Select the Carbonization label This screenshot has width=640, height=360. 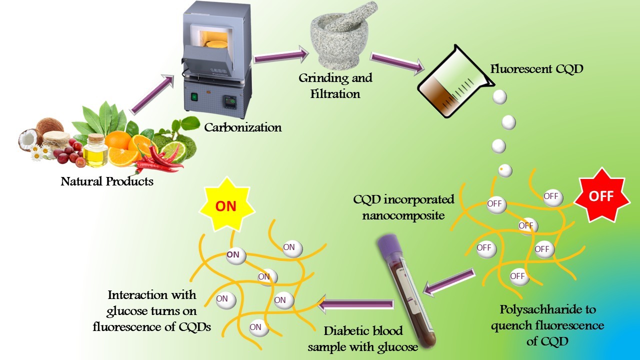tap(243, 127)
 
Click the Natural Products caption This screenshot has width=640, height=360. tap(107, 181)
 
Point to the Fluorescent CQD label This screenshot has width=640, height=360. tap(536, 68)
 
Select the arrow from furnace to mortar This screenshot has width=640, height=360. tap(280, 54)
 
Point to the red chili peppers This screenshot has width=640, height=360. tap(160, 160)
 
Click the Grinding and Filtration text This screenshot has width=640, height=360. tap(335, 85)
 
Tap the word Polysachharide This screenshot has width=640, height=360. tap(548, 309)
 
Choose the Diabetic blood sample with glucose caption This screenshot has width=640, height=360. tap(362, 338)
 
